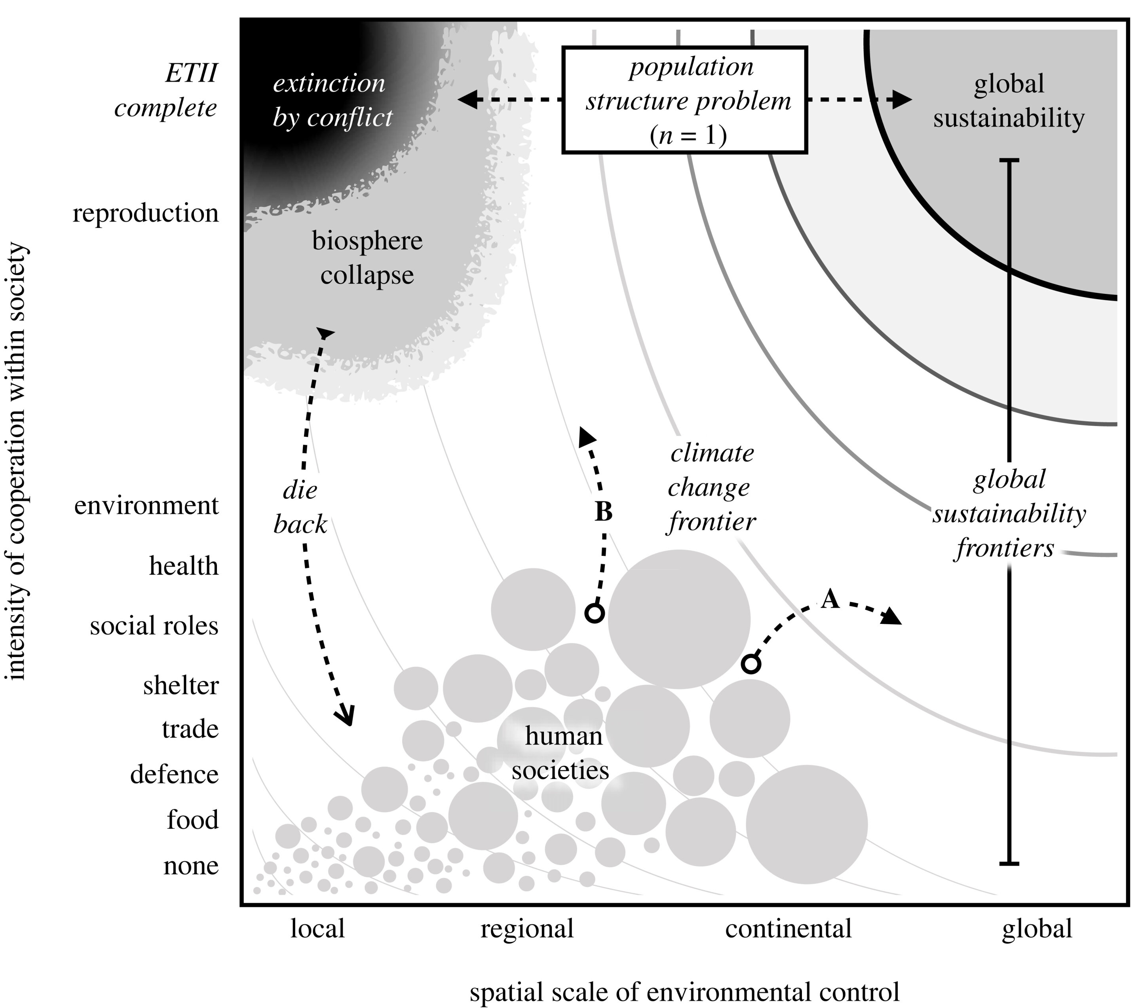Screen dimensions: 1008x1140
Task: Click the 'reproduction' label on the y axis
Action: pos(146,214)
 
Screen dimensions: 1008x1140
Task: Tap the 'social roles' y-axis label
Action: pos(154,626)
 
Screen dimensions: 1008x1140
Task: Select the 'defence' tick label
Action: pos(174,775)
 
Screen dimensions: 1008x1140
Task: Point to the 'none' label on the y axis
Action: pos(191,865)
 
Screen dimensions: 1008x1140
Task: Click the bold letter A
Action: pos(830,599)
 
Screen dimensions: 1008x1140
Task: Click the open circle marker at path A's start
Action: pos(751,664)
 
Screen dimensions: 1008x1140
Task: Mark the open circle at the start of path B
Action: pos(595,613)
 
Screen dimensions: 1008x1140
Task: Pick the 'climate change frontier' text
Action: pos(712,488)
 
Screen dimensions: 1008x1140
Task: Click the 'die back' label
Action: pos(300,507)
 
